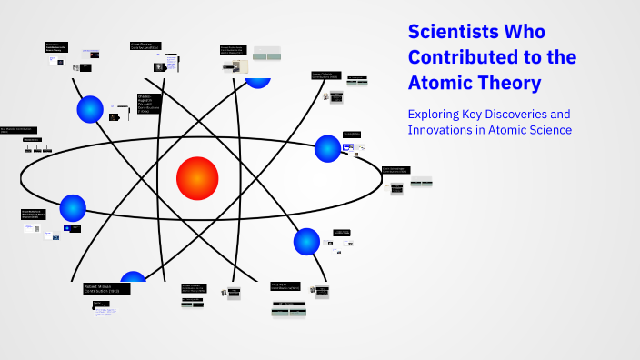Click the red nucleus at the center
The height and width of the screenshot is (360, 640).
point(197,177)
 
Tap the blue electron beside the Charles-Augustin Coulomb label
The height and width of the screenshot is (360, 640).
point(90,109)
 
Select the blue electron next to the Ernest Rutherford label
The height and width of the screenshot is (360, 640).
point(73,208)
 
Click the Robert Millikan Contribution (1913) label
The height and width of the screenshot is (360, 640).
point(105,288)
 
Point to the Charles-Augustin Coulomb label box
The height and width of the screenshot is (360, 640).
point(148,103)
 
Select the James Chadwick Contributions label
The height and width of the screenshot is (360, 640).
point(327,75)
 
